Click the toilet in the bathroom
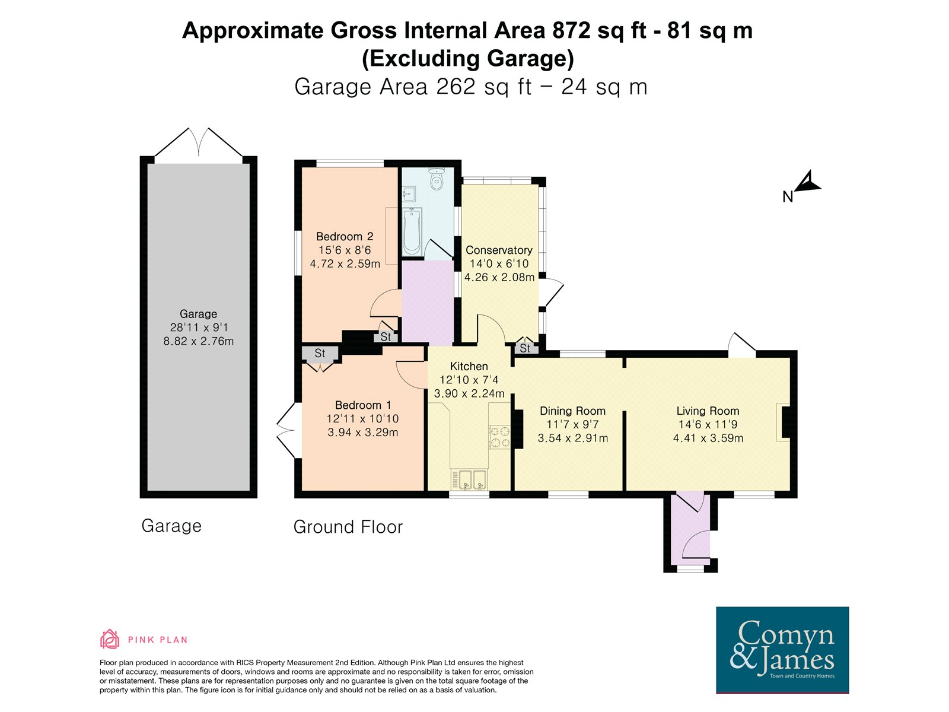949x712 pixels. (x=436, y=179)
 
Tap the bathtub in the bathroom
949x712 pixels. (x=412, y=232)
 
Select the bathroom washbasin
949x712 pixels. (x=409, y=194)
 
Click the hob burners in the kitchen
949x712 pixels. (x=500, y=437)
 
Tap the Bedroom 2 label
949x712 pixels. (x=345, y=237)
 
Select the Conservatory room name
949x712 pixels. (x=499, y=250)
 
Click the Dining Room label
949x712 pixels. (x=572, y=411)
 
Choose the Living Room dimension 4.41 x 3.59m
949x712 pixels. (x=708, y=438)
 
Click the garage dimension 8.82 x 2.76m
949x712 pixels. (x=199, y=341)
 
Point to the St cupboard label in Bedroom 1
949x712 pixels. (x=320, y=353)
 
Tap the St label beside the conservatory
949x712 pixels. (x=525, y=348)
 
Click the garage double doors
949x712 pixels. (x=199, y=142)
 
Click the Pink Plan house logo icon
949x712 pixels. (x=109, y=640)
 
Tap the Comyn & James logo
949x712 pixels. (x=782, y=650)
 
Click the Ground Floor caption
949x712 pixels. (x=348, y=527)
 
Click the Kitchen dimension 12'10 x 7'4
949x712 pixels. (x=469, y=380)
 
